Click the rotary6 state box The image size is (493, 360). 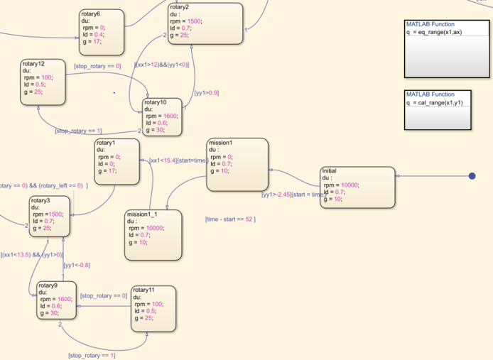click(102, 32)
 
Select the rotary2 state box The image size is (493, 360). click(205, 23)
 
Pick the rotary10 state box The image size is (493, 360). click(162, 117)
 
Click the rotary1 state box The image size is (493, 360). click(117, 162)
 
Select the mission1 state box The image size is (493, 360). click(237, 164)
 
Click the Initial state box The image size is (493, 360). click(357, 187)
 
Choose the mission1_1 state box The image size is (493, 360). click(152, 234)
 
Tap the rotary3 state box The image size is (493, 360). click(50, 216)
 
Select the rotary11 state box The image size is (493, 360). click(152, 307)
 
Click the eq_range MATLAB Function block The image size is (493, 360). click(446, 48)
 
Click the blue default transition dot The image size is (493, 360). click(472, 176)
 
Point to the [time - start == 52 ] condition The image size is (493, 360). click(230, 219)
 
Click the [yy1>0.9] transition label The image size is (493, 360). click(207, 92)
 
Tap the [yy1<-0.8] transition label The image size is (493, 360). click(77, 266)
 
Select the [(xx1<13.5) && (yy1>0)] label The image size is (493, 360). click(32, 254)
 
